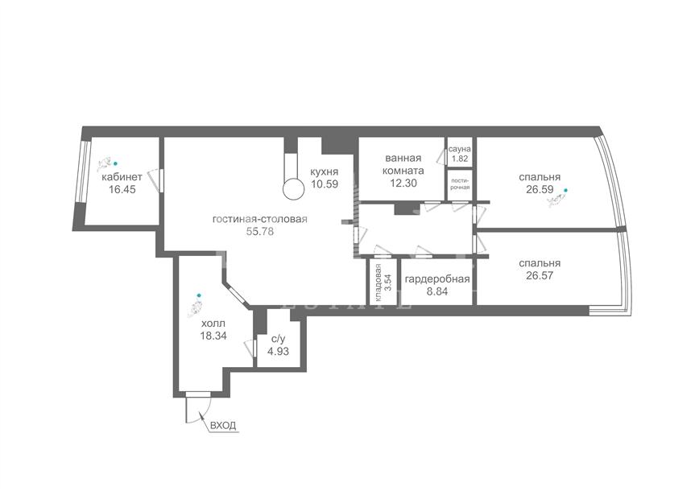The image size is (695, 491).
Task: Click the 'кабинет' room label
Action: (122, 177)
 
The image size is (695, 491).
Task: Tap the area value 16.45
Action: (122, 190)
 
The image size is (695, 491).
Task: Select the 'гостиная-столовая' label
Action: (260, 219)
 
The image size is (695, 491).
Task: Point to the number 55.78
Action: (260, 231)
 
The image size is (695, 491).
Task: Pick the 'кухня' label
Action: (325, 172)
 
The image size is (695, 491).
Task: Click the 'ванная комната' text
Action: (403, 164)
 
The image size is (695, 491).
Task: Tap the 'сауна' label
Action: (460, 150)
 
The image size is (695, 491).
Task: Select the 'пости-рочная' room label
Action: (460, 184)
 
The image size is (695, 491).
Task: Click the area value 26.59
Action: (540, 190)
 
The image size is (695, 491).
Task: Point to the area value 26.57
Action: (540, 275)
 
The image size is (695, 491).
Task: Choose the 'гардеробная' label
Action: (437, 279)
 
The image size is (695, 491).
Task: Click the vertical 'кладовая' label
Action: (378, 283)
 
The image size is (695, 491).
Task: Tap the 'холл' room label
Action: (213, 323)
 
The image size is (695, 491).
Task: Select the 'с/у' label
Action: (278, 340)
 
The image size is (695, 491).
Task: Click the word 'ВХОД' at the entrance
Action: (223, 426)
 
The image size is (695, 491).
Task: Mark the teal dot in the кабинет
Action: (116, 163)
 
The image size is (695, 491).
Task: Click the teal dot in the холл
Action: (199, 295)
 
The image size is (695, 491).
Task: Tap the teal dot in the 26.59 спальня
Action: (565, 190)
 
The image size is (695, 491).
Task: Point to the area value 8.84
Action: (437, 291)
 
